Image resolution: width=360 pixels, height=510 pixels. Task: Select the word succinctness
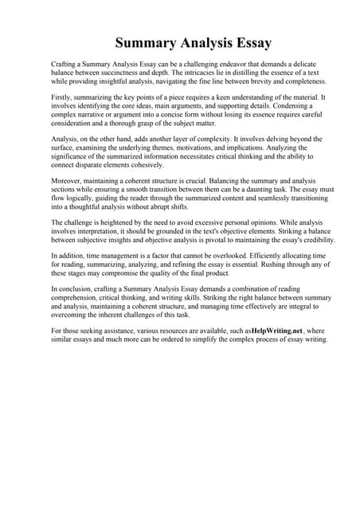126,73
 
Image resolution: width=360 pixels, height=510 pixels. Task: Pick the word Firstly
63,97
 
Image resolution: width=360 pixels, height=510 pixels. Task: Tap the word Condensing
286,106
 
